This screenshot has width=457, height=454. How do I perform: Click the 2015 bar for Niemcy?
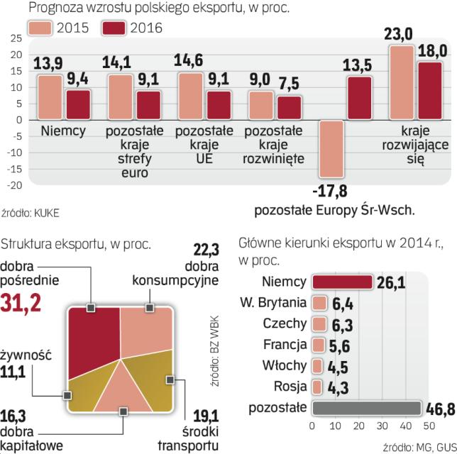point(50,97)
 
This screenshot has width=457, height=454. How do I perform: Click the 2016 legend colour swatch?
point(118,28)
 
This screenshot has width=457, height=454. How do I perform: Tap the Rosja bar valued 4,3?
point(317,387)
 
